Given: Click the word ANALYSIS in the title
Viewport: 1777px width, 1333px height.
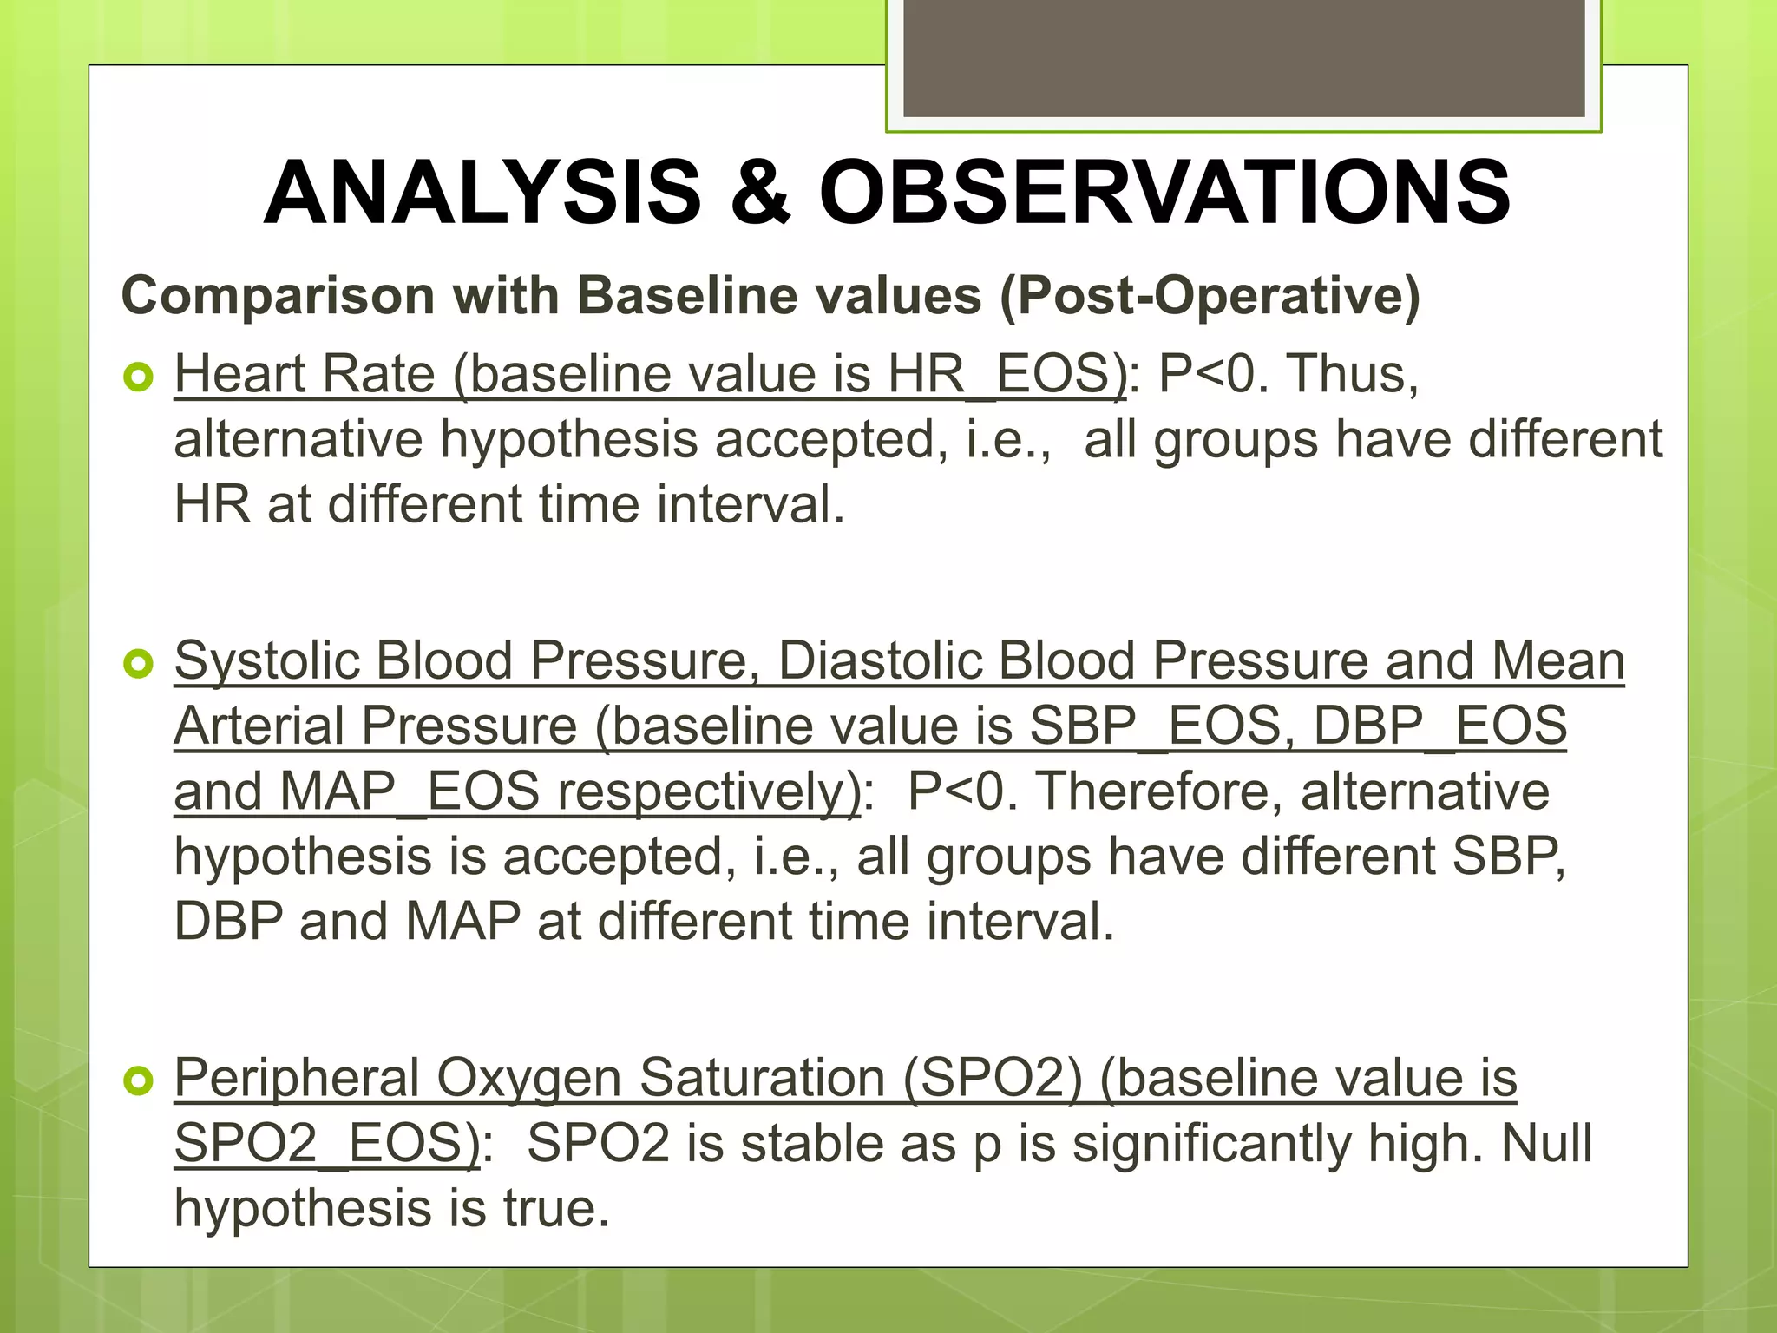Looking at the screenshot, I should pos(482,193).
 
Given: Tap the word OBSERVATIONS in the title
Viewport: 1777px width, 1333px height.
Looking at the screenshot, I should pos(1164,193).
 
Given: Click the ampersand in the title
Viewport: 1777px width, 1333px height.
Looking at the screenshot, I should pos(760,193).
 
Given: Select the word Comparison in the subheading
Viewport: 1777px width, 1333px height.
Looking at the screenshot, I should pos(279,296).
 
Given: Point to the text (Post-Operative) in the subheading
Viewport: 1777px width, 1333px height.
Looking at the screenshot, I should pos(1210,296).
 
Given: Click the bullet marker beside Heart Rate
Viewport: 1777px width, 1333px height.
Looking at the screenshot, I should pos(139,377).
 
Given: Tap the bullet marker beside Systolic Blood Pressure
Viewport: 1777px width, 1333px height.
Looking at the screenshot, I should pos(139,664).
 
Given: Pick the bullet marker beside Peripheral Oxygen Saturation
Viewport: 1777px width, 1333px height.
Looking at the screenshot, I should pos(139,1080).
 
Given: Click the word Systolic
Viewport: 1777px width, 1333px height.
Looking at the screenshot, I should pos(266,661).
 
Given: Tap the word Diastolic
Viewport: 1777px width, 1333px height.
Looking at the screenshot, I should pos(880,661).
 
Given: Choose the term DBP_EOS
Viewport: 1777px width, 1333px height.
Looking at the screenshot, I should pos(1440,726).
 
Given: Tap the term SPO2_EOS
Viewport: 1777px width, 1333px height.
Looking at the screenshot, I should pos(326,1144).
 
